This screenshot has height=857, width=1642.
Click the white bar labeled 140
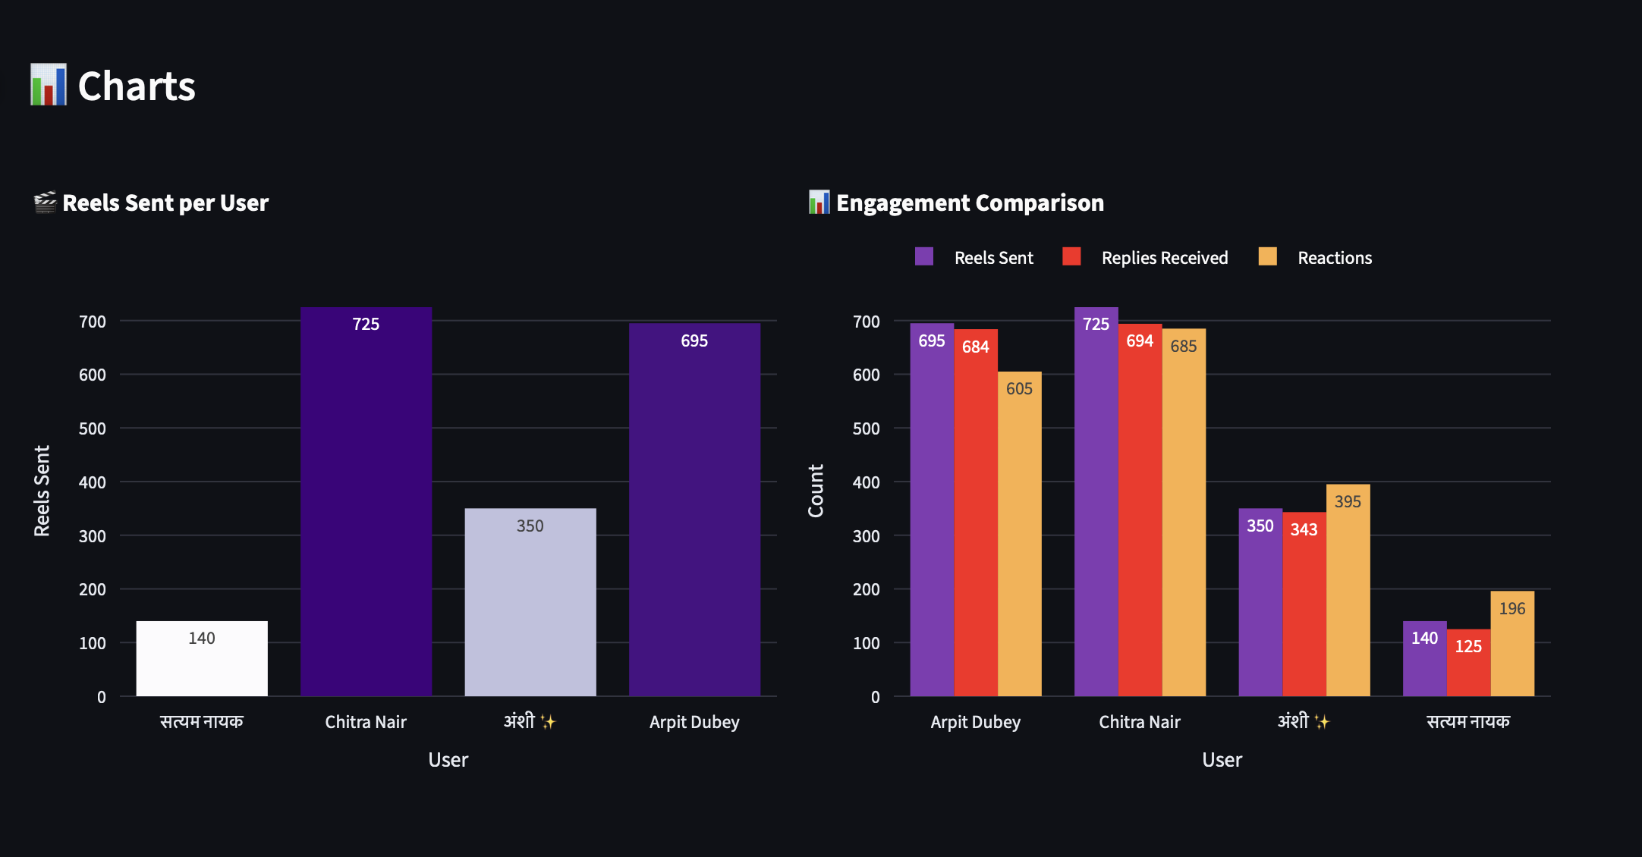coord(202,658)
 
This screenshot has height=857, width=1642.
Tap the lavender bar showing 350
coord(530,602)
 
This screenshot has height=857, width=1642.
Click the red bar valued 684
coord(976,513)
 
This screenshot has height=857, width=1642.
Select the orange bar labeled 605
coord(1019,534)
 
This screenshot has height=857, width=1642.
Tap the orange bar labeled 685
coord(1184,513)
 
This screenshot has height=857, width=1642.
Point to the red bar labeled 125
coord(1468,663)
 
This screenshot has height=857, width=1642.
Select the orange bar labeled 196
coord(1511,644)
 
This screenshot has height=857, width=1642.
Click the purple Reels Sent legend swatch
coord(923,256)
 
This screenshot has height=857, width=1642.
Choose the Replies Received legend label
coord(1164,258)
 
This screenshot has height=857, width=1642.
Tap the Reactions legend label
coord(1334,258)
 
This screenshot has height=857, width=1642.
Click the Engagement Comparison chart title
coord(969,203)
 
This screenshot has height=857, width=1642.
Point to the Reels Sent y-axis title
coord(42,491)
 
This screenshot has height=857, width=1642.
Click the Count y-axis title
coord(816,491)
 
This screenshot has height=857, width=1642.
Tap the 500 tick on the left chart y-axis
coord(93,428)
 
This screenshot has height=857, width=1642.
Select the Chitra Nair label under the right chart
coord(1139,722)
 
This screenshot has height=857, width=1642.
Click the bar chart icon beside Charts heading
coord(49,85)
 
